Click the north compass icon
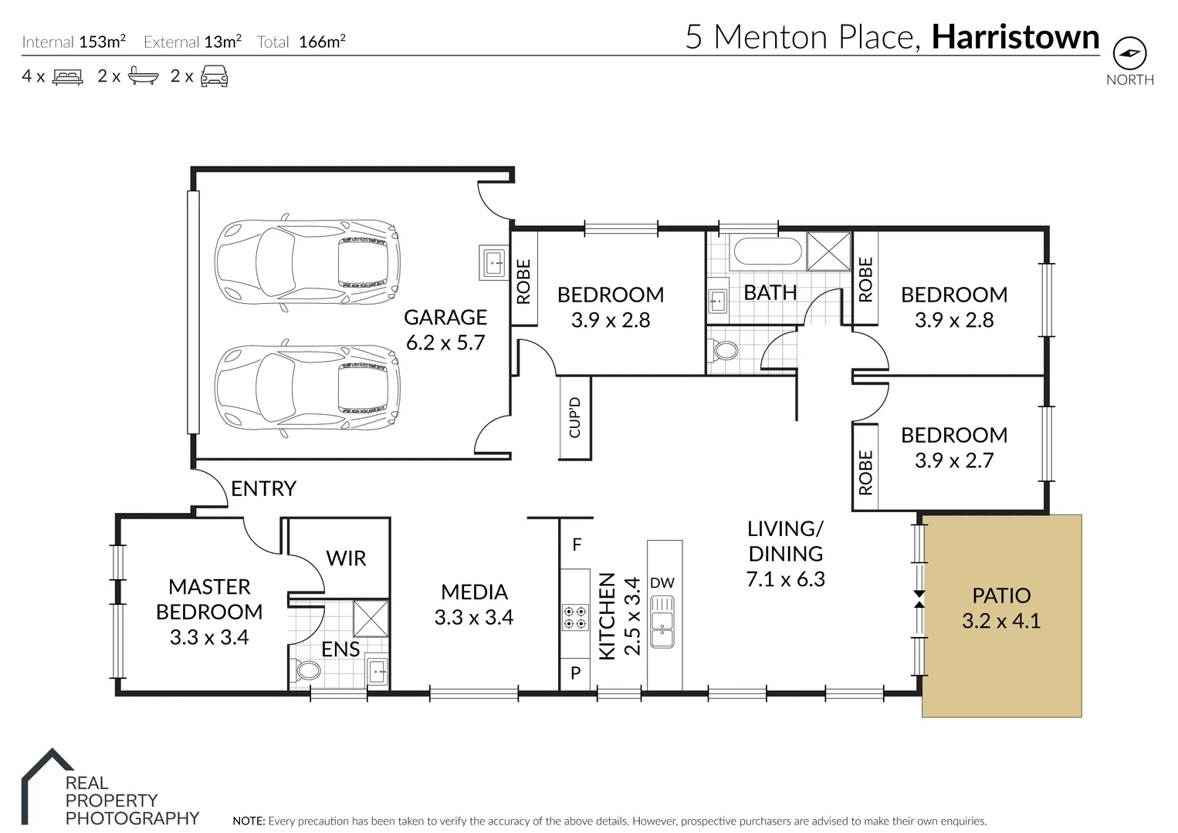1129,53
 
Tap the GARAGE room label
445,317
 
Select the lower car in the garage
307,386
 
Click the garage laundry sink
493,262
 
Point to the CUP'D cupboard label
574,418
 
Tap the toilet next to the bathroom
724,352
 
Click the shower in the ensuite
371,618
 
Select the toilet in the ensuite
308,669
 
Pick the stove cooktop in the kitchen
574,617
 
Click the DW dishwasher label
662,583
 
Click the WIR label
346,558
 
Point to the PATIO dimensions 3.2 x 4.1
1000,621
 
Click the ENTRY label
263,489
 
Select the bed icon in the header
67,76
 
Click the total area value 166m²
322,42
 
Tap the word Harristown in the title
1015,37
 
